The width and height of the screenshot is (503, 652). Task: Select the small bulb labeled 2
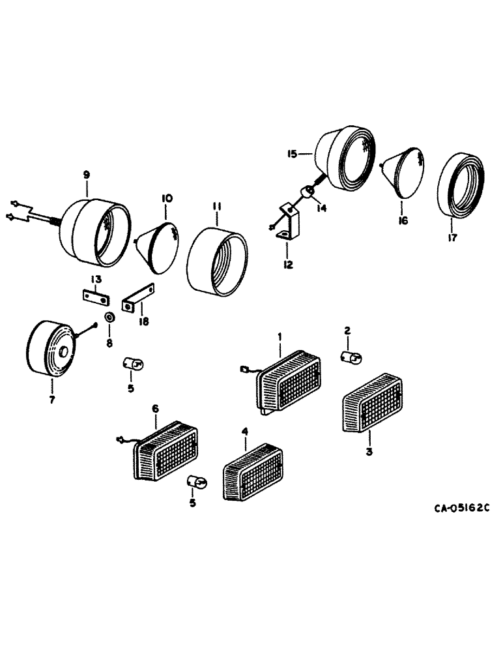pos(352,356)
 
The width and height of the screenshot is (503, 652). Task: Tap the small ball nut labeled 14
pos(307,191)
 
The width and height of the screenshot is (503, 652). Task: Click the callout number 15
pos(291,154)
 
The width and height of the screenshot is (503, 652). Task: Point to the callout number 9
pos(86,174)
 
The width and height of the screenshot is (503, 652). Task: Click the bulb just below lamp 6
pos(196,482)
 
